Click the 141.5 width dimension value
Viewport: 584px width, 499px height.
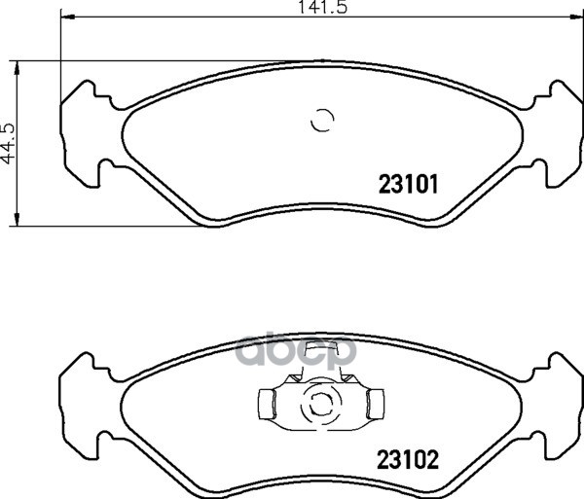[x=323, y=7]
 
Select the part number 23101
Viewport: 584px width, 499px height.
[x=409, y=185]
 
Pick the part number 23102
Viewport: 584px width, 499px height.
[x=408, y=459]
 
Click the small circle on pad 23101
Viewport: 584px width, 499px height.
[x=322, y=121]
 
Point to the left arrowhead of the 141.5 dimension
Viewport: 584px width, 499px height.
[x=68, y=17]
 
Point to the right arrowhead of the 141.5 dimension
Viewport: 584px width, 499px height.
[x=576, y=17]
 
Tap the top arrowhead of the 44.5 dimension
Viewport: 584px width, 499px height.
[x=16, y=68]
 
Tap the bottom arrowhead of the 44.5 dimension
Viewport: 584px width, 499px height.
[x=16, y=219]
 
